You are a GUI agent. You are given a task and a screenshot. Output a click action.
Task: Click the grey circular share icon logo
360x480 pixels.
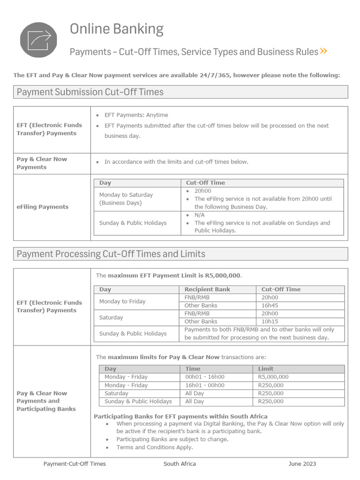38,40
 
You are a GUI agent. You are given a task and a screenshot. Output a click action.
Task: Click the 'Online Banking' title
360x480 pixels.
117,29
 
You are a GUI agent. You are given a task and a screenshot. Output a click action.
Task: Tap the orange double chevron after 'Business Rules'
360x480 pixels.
323,51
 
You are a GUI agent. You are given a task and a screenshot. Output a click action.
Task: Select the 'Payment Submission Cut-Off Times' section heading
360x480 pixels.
90,92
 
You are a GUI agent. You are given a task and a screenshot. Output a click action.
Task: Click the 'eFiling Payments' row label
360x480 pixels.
43,207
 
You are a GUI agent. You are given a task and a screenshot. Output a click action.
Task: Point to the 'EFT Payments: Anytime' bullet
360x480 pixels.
136,115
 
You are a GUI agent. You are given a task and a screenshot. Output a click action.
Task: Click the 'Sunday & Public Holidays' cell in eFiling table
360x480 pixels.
133,223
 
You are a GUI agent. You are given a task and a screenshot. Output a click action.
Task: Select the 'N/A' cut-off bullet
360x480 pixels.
200,215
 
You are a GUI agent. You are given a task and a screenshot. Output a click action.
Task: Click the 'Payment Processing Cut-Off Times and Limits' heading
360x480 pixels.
111,254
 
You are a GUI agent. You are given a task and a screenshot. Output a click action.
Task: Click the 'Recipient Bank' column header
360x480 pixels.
207,289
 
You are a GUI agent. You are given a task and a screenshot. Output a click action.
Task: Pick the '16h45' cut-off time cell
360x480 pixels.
270,306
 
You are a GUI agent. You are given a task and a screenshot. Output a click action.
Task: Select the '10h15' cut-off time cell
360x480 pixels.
270,322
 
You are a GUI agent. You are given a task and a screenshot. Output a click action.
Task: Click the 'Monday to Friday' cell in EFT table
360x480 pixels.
122,301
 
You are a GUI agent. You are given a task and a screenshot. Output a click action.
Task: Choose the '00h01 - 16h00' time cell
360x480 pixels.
205,377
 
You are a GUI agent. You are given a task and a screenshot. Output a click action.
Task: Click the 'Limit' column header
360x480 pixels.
266,369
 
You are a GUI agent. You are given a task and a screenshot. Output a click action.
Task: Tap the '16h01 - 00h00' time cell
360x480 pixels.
205,385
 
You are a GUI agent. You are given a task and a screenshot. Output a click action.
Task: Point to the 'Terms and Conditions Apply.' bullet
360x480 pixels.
154,447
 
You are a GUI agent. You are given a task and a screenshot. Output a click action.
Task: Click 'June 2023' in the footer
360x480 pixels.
302,464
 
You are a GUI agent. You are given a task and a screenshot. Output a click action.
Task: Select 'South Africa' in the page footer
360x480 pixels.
180,464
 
